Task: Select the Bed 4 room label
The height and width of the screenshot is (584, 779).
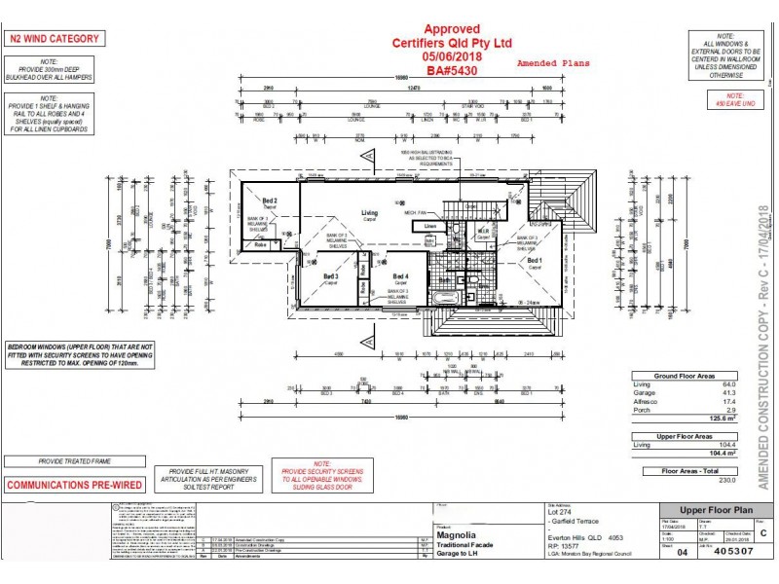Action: pyautogui.click(x=399, y=275)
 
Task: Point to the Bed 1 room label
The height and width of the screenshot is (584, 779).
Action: pyautogui.click(x=535, y=261)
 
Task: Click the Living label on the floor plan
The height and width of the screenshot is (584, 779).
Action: pyautogui.click(x=370, y=212)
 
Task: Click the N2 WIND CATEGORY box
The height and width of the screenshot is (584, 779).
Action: pyautogui.click(x=54, y=39)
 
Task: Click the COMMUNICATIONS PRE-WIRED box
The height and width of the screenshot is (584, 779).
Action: pyautogui.click(x=67, y=485)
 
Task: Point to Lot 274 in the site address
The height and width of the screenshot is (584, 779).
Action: pyautogui.click(x=558, y=513)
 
